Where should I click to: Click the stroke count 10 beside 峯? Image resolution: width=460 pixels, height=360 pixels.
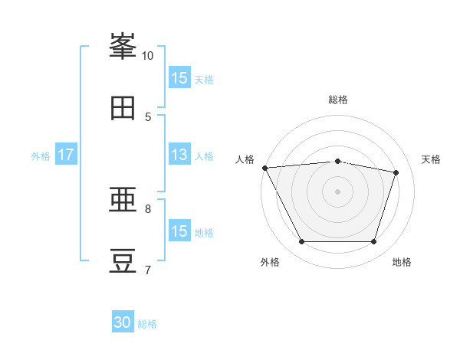(148, 55)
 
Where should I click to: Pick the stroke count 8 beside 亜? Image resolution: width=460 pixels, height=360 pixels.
(148, 208)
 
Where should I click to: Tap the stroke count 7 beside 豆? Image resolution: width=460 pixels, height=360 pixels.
(148, 270)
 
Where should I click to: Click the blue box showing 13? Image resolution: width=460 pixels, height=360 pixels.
(179, 155)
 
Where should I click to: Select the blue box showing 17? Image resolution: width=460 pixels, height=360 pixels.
(66, 155)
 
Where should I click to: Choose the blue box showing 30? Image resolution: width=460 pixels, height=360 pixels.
(123, 323)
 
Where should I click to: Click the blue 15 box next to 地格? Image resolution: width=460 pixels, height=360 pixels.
(179, 231)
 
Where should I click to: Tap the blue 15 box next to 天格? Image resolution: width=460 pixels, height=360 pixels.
(179, 78)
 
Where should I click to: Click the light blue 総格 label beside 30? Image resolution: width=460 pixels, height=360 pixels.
(148, 324)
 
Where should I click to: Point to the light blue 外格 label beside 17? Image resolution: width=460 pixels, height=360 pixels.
(41, 155)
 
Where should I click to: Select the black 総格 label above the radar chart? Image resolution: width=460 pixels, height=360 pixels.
(338, 100)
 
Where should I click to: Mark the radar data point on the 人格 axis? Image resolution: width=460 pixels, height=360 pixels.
(264, 168)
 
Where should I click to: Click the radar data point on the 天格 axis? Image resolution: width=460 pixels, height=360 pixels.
(396, 172)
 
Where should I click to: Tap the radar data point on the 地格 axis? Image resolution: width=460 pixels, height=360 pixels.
(373, 242)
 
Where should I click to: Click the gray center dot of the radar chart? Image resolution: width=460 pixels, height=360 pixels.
(337, 191)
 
